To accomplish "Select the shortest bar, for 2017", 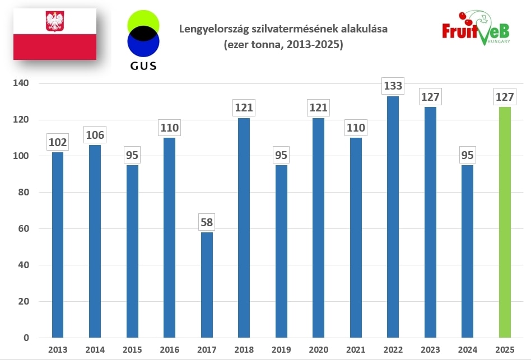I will [x=207, y=285].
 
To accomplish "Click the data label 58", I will [x=207, y=222].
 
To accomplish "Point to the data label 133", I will [x=392, y=86].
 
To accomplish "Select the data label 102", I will [x=58, y=142].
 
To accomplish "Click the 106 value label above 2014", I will [x=95, y=135].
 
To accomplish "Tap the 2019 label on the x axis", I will [x=281, y=350].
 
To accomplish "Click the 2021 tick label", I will [x=355, y=350].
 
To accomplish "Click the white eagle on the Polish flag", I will [x=54, y=22].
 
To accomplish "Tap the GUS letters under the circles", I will [x=143, y=66].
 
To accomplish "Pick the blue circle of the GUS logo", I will [x=143, y=43].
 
